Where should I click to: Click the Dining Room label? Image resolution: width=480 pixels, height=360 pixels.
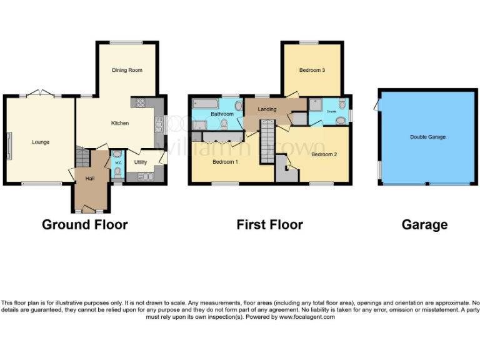(x=127, y=70)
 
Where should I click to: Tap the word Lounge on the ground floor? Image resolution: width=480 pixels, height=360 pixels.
(x=41, y=142)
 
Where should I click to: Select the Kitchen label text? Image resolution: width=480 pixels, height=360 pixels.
(x=120, y=123)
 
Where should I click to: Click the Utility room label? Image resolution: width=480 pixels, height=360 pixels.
(x=141, y=162)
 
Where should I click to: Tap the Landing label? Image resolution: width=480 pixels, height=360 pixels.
(x=267, y=110)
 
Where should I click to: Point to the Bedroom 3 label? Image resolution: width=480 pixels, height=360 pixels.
(x=311, y=70)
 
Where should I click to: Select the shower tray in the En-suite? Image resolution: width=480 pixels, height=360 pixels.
(x=317, y=104)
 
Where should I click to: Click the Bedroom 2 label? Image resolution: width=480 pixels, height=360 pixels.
(x=324, y=154)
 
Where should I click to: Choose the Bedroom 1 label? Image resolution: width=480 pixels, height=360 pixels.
(x=225, y=162)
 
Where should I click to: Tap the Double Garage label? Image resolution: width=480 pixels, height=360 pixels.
(x=427, y=137)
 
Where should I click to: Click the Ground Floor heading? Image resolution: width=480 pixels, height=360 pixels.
(x=84, y=224)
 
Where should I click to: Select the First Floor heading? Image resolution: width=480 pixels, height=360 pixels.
(x=269, y=224)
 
